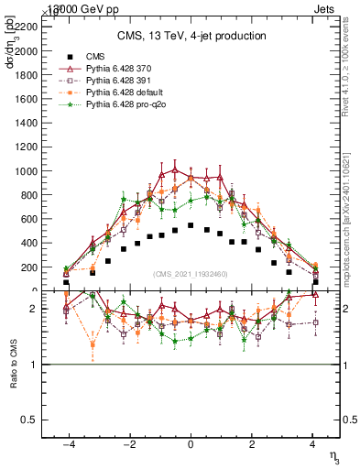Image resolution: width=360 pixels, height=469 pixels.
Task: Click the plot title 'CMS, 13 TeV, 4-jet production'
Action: click(x=191, y=37)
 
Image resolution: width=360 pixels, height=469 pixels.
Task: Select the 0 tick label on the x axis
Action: click(x=191, y=444)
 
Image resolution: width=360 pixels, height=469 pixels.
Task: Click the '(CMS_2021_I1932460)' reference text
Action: click(x=191, y=275)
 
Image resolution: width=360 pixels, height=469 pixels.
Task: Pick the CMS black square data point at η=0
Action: click(x=191, y=224)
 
